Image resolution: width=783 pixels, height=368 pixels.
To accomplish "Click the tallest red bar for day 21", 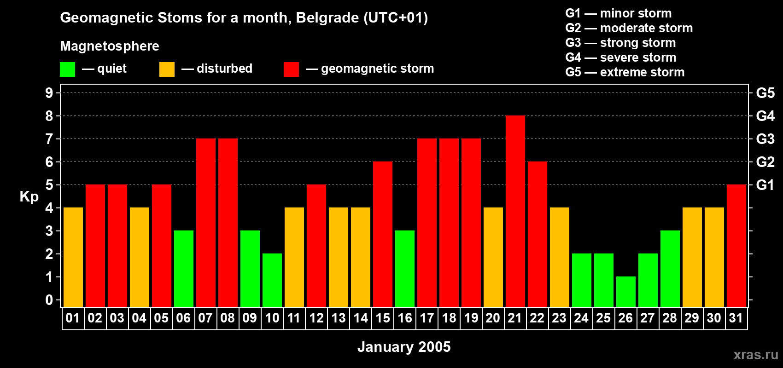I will (x=515, y=212).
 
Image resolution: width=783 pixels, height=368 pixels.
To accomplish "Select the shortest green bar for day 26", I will (x=625, y=292).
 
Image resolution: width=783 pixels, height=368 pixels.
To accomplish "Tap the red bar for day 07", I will (x=205, y=223).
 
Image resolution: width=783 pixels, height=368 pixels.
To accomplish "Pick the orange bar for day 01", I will (x=73, y=258).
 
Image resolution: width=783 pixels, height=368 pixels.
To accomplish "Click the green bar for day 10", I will (x=272, y=281).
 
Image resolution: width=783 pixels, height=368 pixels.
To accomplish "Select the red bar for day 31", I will (x=736, y=246).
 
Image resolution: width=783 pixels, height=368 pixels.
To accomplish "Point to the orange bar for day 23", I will (x=559, y=258).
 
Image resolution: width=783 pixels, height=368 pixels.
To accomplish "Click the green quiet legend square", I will (x=67, y=69).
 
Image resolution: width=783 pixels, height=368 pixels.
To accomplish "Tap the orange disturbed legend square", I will (x=167, y=69).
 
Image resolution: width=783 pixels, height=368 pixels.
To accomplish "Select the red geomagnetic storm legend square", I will (x=291, y=69).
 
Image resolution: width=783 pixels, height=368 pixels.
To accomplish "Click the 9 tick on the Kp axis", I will (x=49, y=93).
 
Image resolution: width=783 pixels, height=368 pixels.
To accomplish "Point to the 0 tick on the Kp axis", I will (x=49, y=300).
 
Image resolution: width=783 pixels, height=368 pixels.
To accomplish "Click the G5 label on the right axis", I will (x=765, y=93).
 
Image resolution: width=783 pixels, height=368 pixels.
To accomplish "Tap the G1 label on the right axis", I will (x=765, y=185).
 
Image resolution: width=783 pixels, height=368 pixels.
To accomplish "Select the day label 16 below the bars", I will (x=404, y=318).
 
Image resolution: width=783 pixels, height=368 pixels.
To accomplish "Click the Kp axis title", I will (x=29, y=197).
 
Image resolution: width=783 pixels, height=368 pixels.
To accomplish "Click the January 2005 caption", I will (x=404, y=347).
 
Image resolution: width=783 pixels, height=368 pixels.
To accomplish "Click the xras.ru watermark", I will (x=755, y=355).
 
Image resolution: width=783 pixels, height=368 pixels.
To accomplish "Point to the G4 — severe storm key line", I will (x=621, y=57).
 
